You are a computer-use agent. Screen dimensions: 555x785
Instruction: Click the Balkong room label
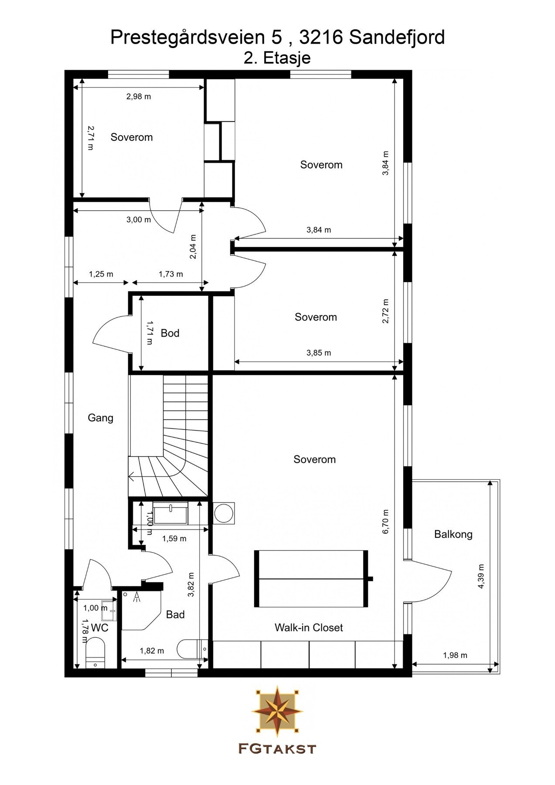point(453,534)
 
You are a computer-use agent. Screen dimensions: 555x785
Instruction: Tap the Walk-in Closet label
point(309,628)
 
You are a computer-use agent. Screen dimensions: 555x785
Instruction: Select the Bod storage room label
point(170,333)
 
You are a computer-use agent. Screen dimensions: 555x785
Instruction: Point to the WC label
point(99,628)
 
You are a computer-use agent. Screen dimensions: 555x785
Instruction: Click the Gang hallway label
point(100,418)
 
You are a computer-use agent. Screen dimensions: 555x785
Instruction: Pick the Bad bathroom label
point(175,614)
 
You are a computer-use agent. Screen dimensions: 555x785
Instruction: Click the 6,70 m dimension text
point(385,522)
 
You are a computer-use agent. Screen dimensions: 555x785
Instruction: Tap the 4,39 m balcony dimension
point(481,577)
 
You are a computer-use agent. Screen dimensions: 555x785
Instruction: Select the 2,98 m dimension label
point(139,96)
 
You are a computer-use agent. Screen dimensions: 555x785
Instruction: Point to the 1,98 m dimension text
point(455,655)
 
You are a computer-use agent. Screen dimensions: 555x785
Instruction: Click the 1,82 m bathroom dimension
point(152,651)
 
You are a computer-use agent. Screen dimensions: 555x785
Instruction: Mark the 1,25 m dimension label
point(101,274)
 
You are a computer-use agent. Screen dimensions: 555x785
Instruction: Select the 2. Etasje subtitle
point(277,58)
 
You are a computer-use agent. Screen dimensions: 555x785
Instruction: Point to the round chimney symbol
point(224,513)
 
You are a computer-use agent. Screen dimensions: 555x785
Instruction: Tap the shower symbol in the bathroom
point(138,597)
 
